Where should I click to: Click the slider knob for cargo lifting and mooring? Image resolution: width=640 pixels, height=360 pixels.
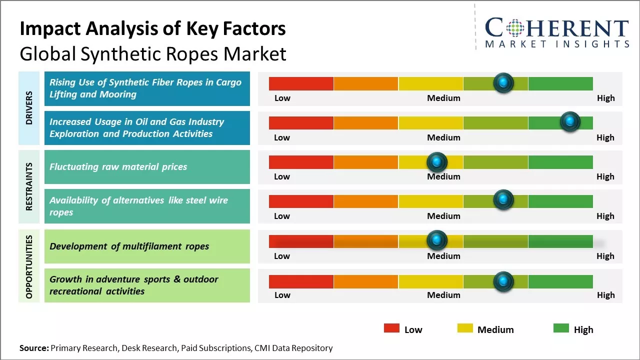[x=503, y=82]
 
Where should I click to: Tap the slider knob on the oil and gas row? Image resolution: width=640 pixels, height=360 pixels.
[x=570, y=121]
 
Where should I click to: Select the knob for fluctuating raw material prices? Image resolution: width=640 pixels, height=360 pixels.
[x=437, y=161]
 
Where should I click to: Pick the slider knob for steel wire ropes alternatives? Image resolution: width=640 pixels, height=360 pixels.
[x=503, y=200]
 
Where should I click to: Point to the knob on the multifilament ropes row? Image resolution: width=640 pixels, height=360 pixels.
[x=437, y=240]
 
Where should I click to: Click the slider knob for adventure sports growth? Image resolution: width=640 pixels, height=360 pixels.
[x=503, y=281]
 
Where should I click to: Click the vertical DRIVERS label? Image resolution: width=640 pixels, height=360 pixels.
[x=29, y=107]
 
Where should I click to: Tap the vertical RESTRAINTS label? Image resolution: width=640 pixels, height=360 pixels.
[x=29, y=186]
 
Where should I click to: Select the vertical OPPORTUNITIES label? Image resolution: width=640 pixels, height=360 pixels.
[x=29, y=266]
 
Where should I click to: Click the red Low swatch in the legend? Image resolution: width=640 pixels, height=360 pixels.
[x=391, y=328]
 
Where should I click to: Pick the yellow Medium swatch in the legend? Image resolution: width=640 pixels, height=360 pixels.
[x=465, y=328]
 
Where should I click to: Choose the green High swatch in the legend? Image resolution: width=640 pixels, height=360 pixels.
[x=561, y=328]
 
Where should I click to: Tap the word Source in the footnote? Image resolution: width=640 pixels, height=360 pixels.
[x=34, y=348]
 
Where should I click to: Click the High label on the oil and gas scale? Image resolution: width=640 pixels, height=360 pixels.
[x=605, y=137]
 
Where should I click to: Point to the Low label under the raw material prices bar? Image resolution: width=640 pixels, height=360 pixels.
[x=282, y=176]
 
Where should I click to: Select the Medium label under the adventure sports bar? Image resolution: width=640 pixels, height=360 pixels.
[x=443, y=295]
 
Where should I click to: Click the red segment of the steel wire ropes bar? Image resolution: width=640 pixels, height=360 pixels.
[x=301, y=201]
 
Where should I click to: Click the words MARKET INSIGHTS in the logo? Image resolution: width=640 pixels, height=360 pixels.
[x=557, y=44]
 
